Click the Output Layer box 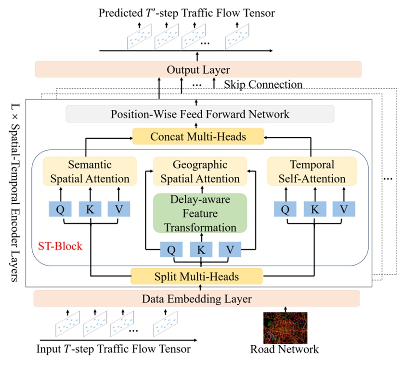198,69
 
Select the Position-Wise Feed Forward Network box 200,114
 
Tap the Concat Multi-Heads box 198,137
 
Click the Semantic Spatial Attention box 86,172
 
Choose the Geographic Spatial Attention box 200,172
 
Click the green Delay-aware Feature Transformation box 200,212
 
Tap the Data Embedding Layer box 196,299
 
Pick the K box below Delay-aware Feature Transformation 200,249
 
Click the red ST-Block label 60,247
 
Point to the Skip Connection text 263,85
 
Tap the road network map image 285,327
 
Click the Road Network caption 284,349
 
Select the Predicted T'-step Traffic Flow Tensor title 187,13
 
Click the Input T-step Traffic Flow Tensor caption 113,349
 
